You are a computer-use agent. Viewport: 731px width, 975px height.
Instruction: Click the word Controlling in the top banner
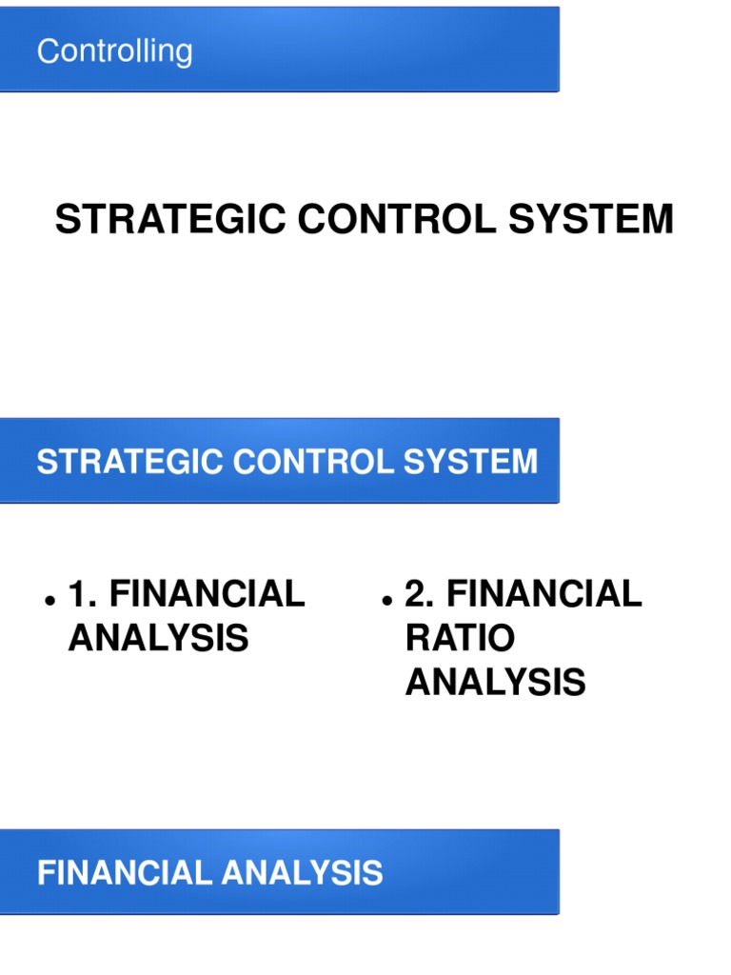coord(114,51)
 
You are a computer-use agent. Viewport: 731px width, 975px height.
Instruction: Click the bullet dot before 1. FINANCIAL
coord(48,602)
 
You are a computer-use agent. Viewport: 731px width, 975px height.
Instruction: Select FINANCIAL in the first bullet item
coord(207,594)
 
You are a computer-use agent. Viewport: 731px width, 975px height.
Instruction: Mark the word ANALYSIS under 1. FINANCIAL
coord(158,638)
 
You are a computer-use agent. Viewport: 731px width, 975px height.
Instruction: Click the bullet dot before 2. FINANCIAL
coord(386,602)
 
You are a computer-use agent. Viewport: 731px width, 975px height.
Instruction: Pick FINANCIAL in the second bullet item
coord(544,594)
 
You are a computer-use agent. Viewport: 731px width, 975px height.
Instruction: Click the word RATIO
coord(460,638)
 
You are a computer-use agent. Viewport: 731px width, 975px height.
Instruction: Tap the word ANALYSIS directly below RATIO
coord(495,682)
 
